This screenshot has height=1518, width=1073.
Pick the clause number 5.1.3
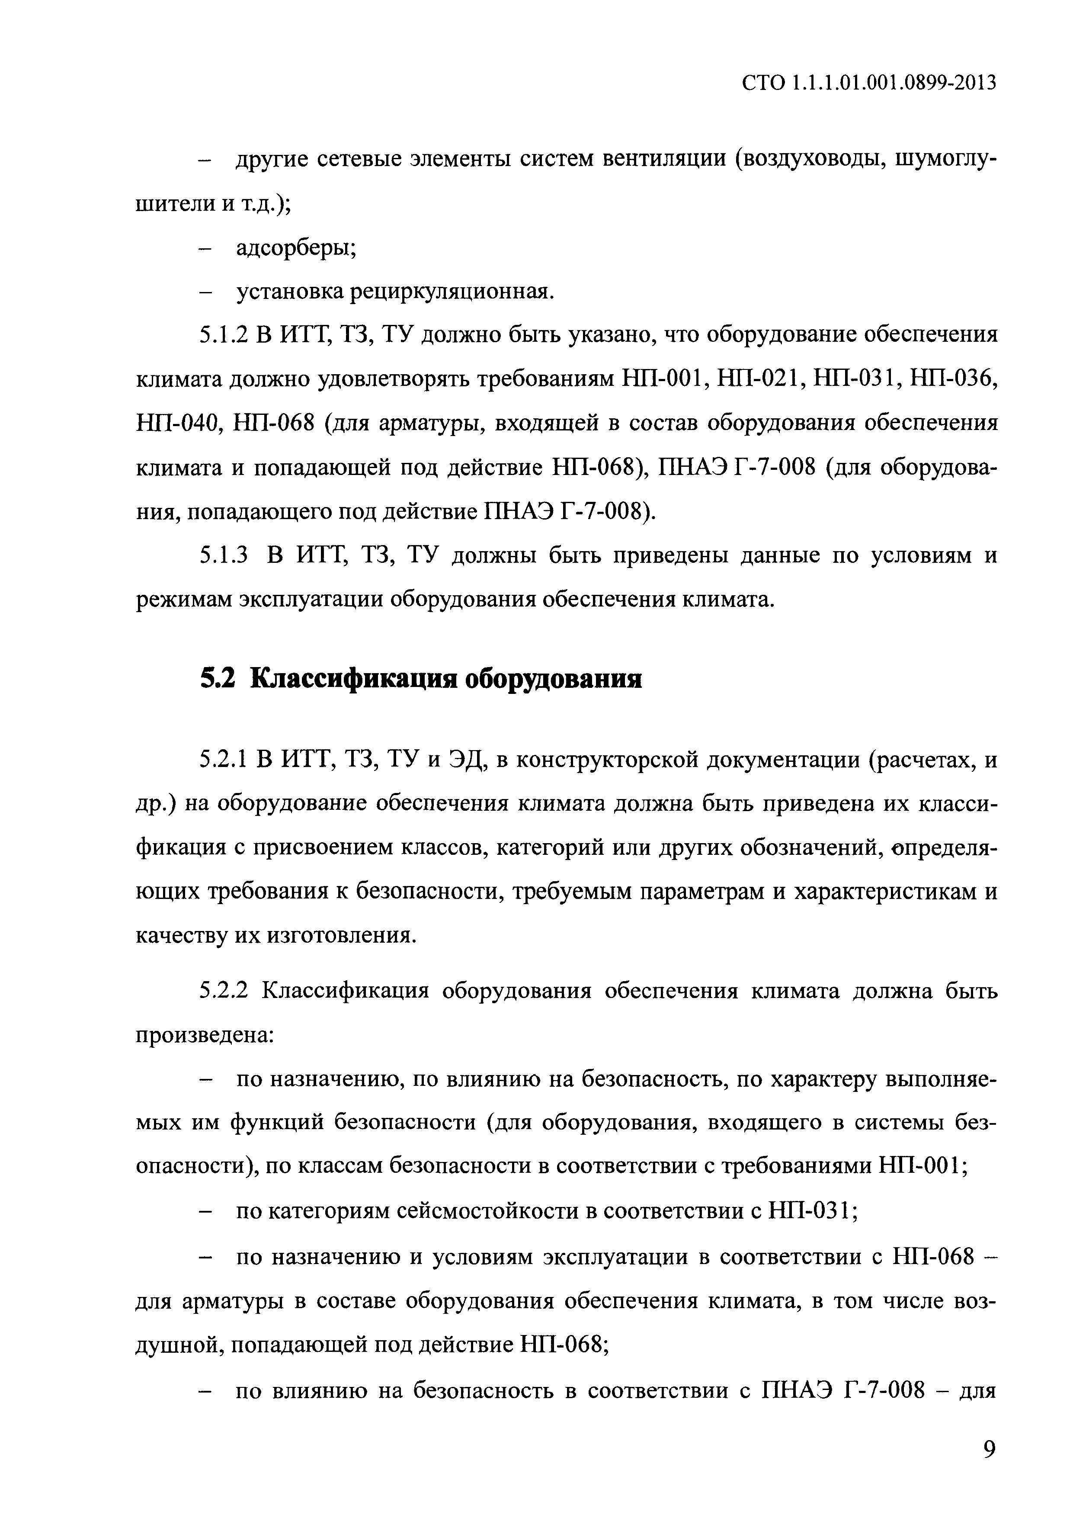[x=224, y=555]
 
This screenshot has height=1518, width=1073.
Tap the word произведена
[x=204, y=1035]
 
